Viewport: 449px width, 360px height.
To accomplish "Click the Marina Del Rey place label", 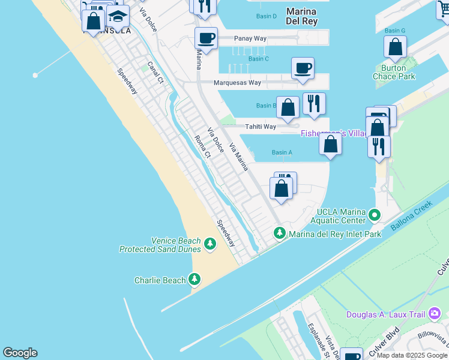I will click(301, 16).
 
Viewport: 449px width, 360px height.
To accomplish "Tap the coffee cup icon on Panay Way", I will click(206, 38).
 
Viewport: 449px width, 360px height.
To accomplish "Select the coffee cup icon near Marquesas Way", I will click(303, 68).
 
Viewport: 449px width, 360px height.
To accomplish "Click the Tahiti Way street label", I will click(260, 127).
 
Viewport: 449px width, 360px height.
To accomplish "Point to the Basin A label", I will click(282, 152).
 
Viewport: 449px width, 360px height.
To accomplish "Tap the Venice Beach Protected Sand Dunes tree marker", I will click(209, 244).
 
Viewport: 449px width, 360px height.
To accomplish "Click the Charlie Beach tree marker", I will click(194, 280).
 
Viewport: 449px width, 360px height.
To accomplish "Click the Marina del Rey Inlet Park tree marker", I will click(279, 233).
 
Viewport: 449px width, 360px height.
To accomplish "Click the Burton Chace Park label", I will click(394, 73).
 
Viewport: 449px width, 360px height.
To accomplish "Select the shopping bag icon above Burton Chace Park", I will click(395, 46).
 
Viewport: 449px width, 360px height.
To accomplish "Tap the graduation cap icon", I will click(118, 16).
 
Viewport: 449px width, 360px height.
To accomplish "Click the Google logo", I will click(20, 353).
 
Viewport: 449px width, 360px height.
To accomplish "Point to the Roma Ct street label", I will click(202, 146).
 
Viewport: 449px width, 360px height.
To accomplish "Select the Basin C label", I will click(258, 59).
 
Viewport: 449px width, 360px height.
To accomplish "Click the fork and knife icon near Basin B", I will click(314, 104).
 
